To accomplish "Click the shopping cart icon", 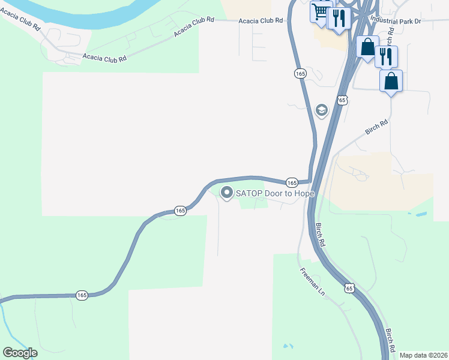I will [x=321, y=11].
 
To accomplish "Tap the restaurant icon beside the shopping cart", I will [x=339, y=19].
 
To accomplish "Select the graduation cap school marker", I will [x=321, y=110].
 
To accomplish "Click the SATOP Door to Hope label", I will [x=275, y=193].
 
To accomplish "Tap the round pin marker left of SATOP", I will [x=227, y=193].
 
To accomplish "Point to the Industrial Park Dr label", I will [x=396, y=20].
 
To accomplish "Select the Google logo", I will [x=20, y=352].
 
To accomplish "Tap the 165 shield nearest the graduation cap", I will [x=301, y=73].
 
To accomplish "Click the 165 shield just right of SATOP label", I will [x=292, y=182].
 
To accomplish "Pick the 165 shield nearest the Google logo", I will [x=82, y=295].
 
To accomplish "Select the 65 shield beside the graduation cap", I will [x=342, y=99].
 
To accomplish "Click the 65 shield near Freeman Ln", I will [x=349, y=289].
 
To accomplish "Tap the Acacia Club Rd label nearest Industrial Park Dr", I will [x=261, y=20].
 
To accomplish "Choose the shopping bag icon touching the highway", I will [x=367, y=47].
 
